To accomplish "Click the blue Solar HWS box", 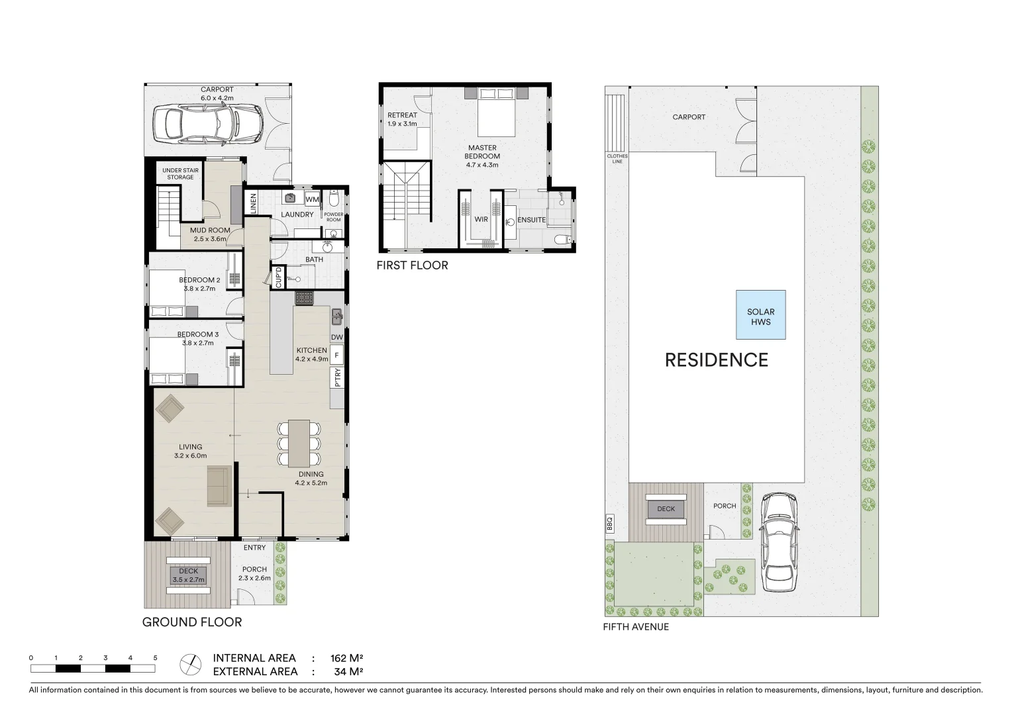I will click(760, 315).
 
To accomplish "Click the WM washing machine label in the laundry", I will click(312, 199).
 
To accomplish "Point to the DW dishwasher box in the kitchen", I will click(336, 337).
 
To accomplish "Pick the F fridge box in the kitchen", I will click(336, 356).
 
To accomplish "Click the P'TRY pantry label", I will click(337, 377).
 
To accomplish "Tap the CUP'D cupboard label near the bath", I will click(279, 277).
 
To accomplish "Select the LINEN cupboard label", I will click(253, 203).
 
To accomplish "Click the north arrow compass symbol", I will click(190, 663).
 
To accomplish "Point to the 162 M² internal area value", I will click(346, 658).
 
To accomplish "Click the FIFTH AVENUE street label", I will click(636, 627).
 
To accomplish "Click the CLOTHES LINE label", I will click(617, 159).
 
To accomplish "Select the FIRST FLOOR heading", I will click(412, 265).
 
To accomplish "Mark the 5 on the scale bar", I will click(155, 658).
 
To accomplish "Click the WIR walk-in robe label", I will click(481, 219).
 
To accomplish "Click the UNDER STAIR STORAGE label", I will click(180, 173).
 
